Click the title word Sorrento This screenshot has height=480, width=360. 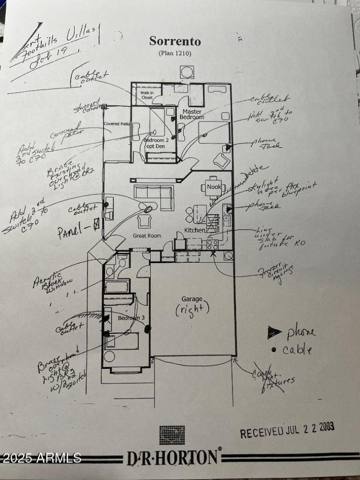coord(175,41)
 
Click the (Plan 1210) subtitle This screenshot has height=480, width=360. coord(175,54)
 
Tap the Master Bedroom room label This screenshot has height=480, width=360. coord(192,114)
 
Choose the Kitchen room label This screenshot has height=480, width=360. coord(194,230)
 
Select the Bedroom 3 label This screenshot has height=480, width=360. coord(131,318)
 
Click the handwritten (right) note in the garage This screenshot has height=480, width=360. coord(193,310)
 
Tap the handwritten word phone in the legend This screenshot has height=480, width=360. coord(301,332)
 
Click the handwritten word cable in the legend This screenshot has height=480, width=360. coord(297,350)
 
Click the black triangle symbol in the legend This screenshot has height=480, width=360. coord(274,333)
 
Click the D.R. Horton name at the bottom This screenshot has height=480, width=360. coord(173,458)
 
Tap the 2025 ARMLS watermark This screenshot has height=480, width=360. coord(41,458)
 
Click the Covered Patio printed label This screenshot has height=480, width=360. coord(117,124)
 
